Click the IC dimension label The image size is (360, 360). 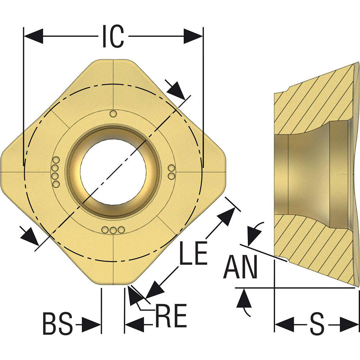[x=113, y=36]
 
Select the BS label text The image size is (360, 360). [x=58, y=324]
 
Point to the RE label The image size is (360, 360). [x=171, y=316]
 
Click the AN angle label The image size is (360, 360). [x=240, y=267]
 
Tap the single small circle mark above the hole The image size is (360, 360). [x=113, y=114]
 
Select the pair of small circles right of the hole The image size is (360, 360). [x=171, y=172]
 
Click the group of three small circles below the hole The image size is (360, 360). [x=113, y=230]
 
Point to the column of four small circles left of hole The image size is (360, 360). [x=55, y=172]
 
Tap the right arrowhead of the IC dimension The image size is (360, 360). [x=193, y=36]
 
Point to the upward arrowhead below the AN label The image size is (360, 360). [x=244, y=299]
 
